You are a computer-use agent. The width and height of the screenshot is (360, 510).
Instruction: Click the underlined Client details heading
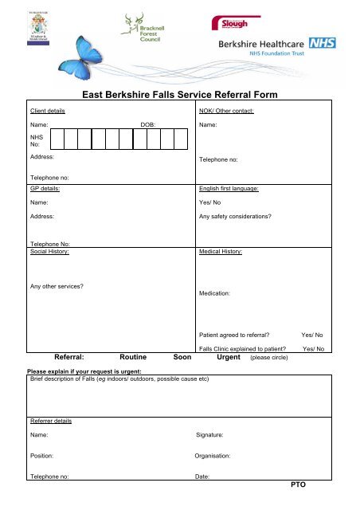(48, 111)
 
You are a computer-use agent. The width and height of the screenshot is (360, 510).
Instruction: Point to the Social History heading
(49, 252)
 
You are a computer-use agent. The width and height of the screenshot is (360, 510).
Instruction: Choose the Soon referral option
(183, 358)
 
